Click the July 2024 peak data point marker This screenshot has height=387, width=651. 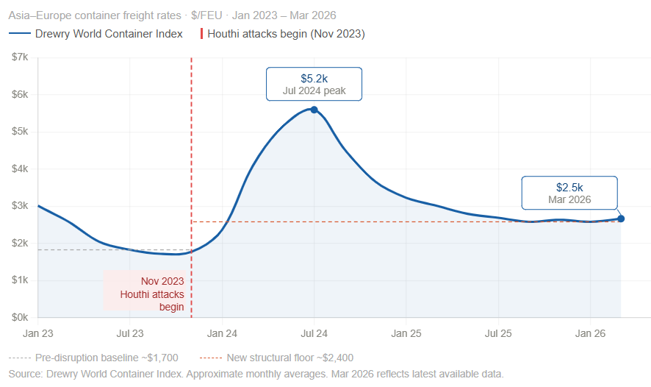314,110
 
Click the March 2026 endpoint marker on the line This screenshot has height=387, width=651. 621,219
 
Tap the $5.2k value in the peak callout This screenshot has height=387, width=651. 314,79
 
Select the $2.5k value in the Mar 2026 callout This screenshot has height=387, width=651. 569,188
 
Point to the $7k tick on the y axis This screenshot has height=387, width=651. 20,57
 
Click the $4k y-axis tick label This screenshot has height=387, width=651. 20,168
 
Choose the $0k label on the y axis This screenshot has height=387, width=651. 20,318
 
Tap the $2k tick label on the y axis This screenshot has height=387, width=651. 20,244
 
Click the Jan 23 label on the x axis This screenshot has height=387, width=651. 37,333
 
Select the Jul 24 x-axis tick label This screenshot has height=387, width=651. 314,333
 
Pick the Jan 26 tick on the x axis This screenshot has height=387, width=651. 591,333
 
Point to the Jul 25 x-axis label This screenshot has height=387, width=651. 498,333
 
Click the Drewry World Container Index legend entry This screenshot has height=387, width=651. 96,34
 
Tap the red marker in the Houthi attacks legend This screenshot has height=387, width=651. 201,34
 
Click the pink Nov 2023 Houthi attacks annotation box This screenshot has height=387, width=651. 144,291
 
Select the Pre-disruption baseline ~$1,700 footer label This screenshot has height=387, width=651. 107,358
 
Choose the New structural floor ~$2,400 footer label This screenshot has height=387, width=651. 290,358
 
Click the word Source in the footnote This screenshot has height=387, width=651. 25,374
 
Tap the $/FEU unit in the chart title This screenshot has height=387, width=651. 206,15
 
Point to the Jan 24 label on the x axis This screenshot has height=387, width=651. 222,333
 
